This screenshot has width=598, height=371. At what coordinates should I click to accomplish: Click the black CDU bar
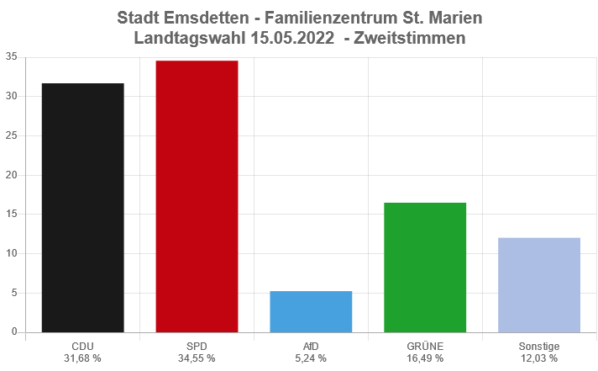click(82, 208)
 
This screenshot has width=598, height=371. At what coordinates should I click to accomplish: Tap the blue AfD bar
click(311, 311)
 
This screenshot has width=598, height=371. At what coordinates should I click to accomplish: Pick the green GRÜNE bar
click(425, 268)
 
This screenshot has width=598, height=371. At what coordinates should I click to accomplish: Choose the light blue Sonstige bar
click(539, 285)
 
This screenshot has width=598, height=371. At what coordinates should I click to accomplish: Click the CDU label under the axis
click(82, 346)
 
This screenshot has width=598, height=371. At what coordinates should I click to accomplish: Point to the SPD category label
click(197, 346)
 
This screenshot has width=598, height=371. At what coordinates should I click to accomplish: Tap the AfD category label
click(311, 346)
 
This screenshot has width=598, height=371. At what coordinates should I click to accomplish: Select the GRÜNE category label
click(425, 346)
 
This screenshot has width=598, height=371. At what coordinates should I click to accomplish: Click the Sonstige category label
click(539, 346)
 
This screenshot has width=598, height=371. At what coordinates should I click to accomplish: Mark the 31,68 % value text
click(82, 358)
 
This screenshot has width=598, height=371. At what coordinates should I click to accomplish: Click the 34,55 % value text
click(197, 358)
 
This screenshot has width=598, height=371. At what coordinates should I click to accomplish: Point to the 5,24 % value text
click(311, 358)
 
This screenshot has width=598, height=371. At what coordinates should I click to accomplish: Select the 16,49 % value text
click(425, 358)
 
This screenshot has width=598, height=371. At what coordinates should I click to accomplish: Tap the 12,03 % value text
click(539, 358)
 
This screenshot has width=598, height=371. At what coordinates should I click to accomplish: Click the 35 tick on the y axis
click(11, 57)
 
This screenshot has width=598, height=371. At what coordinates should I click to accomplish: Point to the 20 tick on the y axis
click(11, 175)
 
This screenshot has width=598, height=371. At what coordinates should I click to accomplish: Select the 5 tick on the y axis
click(14, 293)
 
